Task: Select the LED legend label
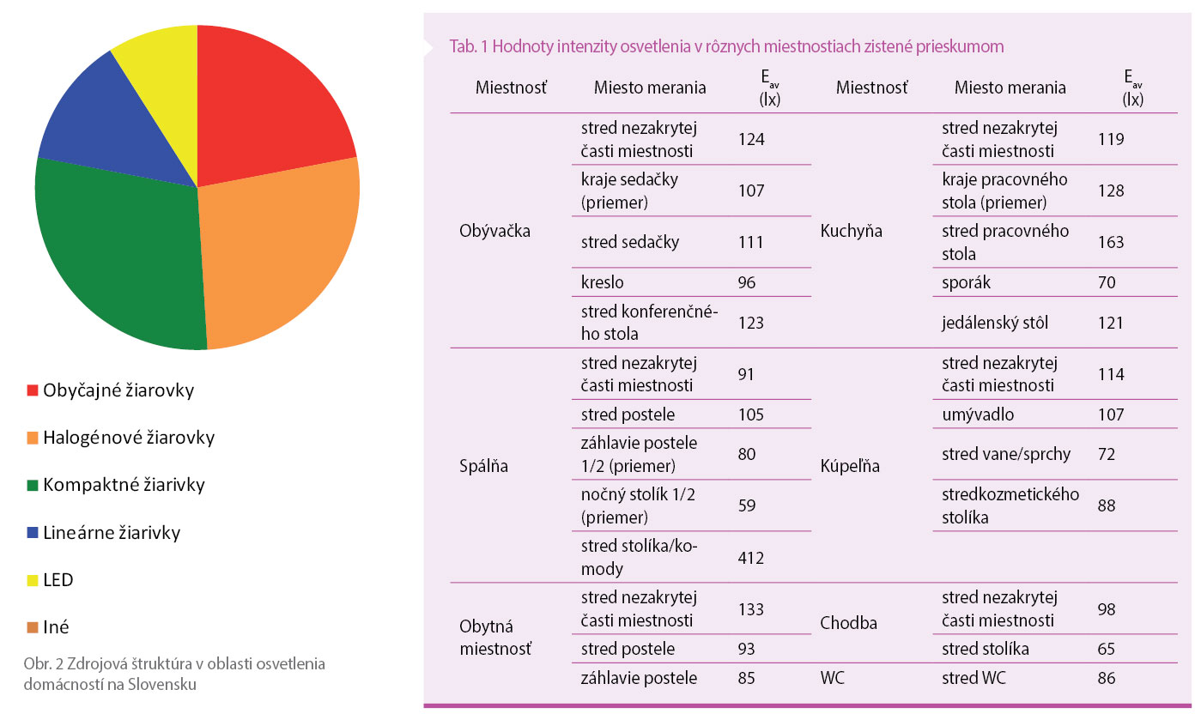tap(58, 580)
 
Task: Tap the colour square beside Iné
tap(33, 628)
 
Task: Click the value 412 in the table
tap(751, 558)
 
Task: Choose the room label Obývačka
tap(495, 232)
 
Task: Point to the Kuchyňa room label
tap(852, 232)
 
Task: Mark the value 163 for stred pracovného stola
tap(1111, 242)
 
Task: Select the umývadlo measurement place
tap(978, 415)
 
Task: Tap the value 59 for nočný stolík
tap(746, 505)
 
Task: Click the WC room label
tap(832, 678)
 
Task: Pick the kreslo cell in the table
tap(602, 282)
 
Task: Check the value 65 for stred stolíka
tap(1107, 649)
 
